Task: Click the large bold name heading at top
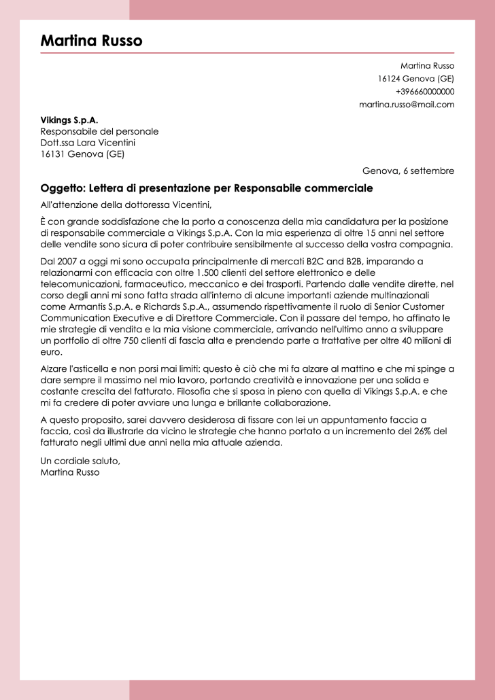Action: pyautogui.click(x=91, y=41)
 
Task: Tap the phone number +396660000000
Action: pyautogui.click(x=424, y=92)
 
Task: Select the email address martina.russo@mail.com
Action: pyautogui.click(x=407, y=105)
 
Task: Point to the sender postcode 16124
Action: pyautogui.click(x=390, y=79)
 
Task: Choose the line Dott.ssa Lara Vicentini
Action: pyautogui.click(x=88, y=143)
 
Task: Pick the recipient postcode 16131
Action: pyautogui.click(x=53, y=154)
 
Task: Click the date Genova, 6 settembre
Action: pyautogui.click(x=408, y=171)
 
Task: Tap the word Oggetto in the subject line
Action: pyautogui.click(x=62, y=188)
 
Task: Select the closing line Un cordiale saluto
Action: pyautogui.click(x=80, y=461)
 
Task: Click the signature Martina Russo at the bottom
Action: pyautogui.click(x=70, y=472)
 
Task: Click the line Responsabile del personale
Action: pyautogui.click(x=99, y=131)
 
